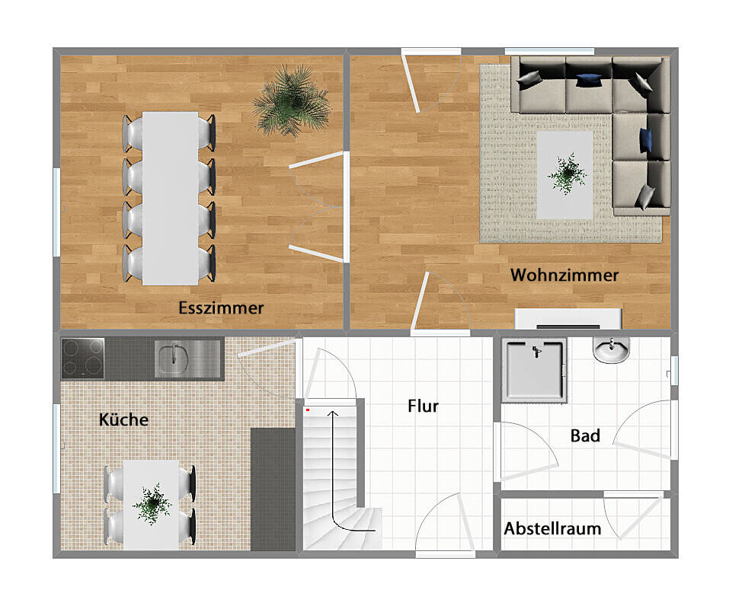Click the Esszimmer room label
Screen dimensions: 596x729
click(221, 308)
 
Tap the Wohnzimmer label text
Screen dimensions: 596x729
click(564, 275)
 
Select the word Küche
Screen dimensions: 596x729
click(123, 419)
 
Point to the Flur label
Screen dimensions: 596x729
click(423, 406)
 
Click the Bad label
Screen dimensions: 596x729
click(585, 435)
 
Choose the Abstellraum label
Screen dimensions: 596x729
click(552, 528)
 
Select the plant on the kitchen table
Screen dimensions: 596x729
click(152, 502)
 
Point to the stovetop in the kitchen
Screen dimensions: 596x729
click(83, 358)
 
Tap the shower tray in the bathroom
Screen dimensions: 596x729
click(536, 370)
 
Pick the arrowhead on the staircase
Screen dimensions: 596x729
click(332, 413)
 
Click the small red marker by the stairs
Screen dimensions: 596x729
click(307, 410)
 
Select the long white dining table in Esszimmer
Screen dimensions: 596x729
click(170, 198)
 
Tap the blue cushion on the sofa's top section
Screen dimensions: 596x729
click(587, 78)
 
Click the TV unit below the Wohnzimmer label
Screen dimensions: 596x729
click(568, 319)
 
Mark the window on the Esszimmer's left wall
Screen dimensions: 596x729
click(56, 211)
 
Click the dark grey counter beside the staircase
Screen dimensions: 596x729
click(272, 487)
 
